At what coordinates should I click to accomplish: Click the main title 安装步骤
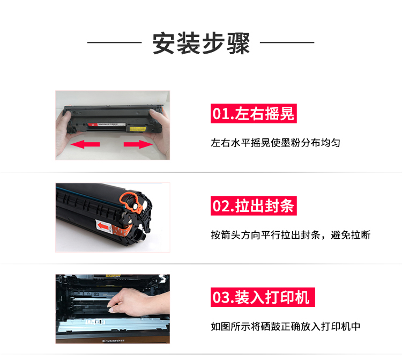(x=201, y=43)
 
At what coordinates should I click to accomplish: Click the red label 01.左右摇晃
(x=254, y=113)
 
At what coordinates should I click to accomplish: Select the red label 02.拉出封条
(x=254, y=206)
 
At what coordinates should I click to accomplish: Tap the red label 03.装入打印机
(x=263, y=297)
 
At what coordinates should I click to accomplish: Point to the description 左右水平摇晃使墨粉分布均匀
(x=276, y=143)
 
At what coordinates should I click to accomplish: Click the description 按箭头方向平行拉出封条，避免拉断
(x=291, y=235)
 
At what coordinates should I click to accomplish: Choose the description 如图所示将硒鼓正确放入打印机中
(x=286, y=326)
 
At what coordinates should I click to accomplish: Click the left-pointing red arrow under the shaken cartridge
(x=85, y=144)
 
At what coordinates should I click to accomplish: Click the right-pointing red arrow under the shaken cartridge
(x=138, y=144)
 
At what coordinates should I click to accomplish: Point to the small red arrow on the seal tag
(x=103, y=226)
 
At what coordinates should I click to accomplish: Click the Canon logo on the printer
(x=113, y=341)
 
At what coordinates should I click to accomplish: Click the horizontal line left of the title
(x=114, y=42)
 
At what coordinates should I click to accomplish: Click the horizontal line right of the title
(x=287, y=42)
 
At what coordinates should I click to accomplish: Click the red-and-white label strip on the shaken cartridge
(x=107, y=124)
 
